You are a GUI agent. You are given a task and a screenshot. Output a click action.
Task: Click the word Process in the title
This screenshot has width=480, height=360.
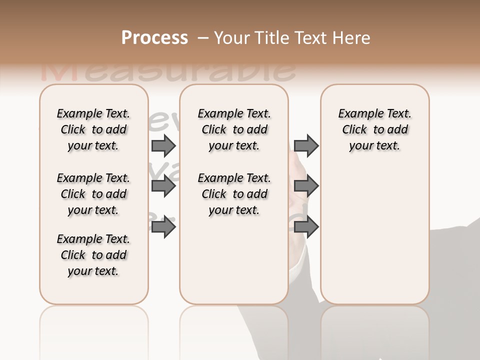point(154,38)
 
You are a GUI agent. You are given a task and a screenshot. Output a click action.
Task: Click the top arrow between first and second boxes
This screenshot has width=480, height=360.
point(163,145)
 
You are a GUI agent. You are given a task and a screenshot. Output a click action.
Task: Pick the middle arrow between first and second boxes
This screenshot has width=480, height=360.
point(163,186)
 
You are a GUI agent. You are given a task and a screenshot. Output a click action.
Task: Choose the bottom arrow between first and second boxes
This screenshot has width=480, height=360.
point(163,227)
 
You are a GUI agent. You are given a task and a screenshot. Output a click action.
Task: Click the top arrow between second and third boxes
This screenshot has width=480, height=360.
point(306,145)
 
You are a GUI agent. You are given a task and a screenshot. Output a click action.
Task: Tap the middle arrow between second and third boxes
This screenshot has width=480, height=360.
point(306,186)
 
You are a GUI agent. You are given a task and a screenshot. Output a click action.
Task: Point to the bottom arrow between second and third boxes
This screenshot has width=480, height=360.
point(306,227)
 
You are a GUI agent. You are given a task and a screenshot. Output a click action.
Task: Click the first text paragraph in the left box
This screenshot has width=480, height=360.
point(93,129)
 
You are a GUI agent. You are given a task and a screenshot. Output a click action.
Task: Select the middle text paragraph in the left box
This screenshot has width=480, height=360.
point(93,194)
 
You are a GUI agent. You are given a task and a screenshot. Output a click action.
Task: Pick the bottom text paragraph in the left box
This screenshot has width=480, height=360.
point(93,255)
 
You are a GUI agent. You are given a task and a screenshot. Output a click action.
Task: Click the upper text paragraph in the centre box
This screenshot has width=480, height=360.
point(234,129)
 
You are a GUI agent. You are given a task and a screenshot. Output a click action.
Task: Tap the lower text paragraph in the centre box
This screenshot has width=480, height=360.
point(234,194)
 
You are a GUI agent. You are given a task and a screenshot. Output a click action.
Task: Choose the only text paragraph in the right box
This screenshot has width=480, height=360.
point(374,129)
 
